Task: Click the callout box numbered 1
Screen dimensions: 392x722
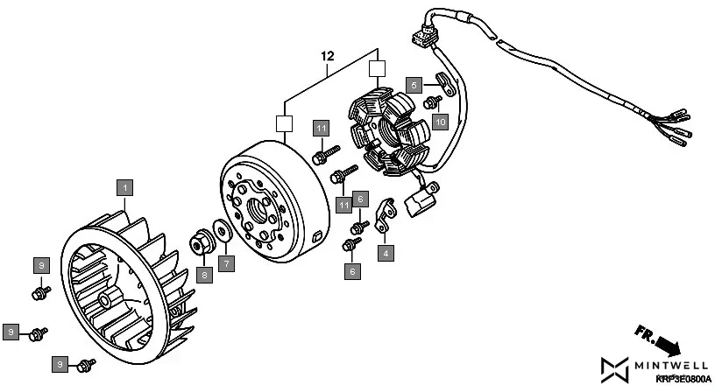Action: tap(126, 187)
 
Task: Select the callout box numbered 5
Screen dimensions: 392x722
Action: tap(414, 85)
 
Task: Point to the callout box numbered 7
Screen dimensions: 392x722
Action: tap(226, 262)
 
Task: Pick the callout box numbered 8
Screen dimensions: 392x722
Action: tap(204, 274)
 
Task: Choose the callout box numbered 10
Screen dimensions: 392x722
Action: tap(439, 121)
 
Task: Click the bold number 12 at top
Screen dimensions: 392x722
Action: tap(327, 56)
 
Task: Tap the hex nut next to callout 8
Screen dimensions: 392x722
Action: tap(202, 241)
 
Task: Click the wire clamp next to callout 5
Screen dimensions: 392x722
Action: tap(443, 85)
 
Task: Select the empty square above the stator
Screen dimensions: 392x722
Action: tap(376, 68)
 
